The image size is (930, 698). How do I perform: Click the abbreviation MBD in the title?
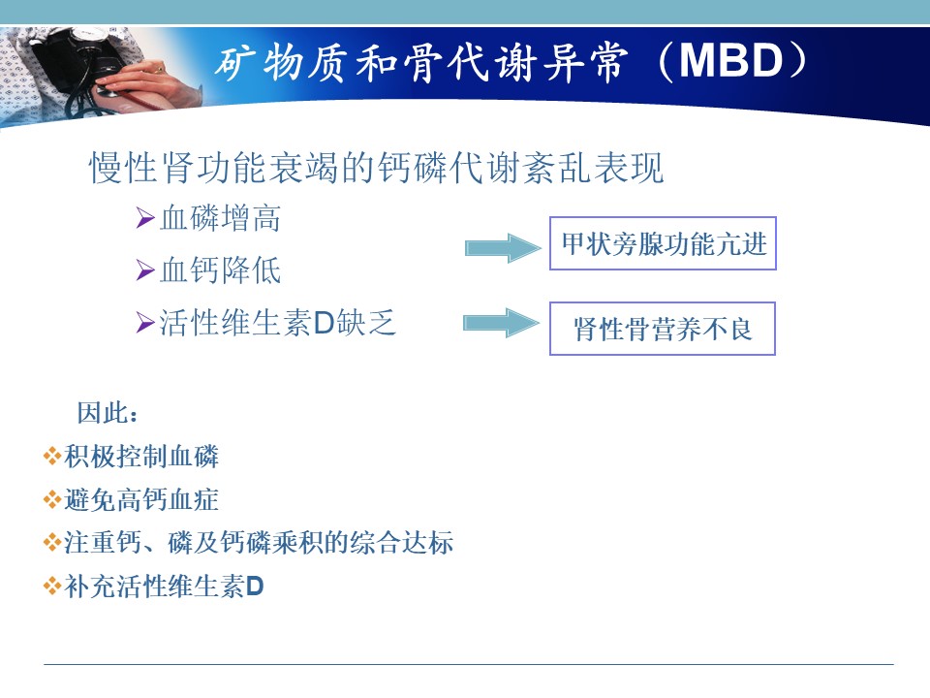pyautogui.click(x=730, y=61)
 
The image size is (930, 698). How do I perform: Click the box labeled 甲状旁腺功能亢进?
pyautogui.click(x=663, y=243)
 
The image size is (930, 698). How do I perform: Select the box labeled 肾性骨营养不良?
pyautogui.click(x=662, y=329)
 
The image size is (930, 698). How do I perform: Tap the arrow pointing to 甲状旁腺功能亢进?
pyautogui.click(x=503, y=247)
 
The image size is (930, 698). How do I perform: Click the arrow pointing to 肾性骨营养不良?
pyautogui.click(x=501, y=323)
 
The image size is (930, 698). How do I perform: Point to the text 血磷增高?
pyautogui.click(x=220, y=218)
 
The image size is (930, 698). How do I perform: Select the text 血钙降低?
pyautogui.click(x=220, y=270)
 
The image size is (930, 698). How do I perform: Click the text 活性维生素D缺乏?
pyautogui.click(x=277, y=324)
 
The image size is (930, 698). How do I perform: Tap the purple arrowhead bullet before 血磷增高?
pyautogui.click(x=145, y=218)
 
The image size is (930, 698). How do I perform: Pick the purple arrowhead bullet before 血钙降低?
pyautogui.click(x=145, y=270)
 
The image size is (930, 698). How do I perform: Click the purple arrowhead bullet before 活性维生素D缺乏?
pyautogui.click(x=145, y=323)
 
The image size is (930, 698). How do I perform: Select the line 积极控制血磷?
pyautogui.click(x=141, y=457)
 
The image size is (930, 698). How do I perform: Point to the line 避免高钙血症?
pyautogui.click(x=141, y=499)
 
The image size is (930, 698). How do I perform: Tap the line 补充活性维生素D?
pyautogui.click(x=164, y=587)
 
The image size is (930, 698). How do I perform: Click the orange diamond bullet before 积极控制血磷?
pyautogui.click(x=52, y=457)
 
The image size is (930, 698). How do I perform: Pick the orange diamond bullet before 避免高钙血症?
pyautogui.click(x=52, y=499)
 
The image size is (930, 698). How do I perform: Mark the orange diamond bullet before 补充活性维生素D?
pyautogui.click(x=52, y=587)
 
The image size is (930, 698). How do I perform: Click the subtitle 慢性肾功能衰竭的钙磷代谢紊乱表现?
pyautogui.click(x=376, y=168)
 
